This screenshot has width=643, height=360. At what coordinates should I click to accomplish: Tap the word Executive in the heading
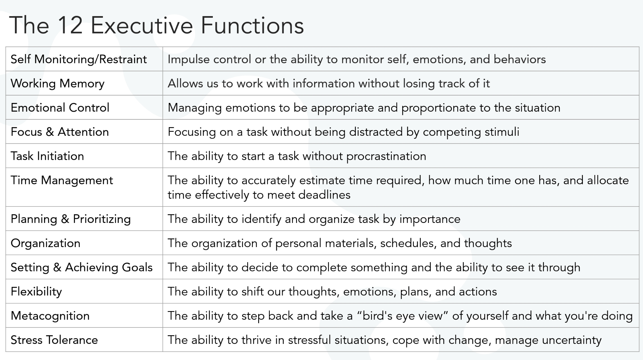tap(142, 25)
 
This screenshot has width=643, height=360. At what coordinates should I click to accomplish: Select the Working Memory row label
tap(58, 84)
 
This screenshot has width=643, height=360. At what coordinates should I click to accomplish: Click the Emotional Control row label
tap(60, 107)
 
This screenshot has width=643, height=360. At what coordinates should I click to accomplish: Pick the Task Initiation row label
tap(47, 156)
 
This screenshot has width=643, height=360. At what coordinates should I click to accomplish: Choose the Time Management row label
tap(62, 180)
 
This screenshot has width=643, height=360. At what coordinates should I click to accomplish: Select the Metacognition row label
tap(50, 316)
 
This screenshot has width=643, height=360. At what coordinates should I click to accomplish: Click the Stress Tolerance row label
tap(54, 340)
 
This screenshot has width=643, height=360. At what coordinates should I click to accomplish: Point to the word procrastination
tap(386, 156)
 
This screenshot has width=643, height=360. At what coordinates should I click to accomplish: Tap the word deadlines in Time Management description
tap(324, 195)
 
